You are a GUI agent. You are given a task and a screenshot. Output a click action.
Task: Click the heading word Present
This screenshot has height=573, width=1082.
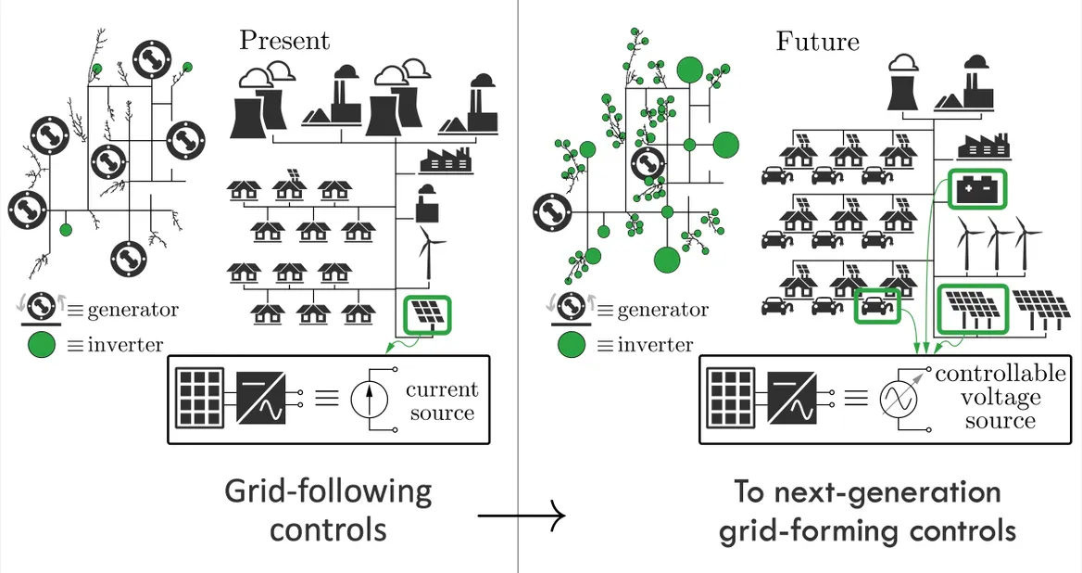click(283, 41)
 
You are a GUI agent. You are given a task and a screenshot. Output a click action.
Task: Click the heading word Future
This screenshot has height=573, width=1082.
click(817, 42)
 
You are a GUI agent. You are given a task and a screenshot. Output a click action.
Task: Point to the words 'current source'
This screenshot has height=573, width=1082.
click(442, 401)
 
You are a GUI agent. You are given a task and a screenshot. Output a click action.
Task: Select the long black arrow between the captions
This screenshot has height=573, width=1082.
click(520, 515)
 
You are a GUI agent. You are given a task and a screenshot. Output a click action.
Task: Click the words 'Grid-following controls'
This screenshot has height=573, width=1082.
click(328, 510)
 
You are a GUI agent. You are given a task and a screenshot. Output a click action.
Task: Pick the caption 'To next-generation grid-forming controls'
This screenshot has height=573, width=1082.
click(868, 511)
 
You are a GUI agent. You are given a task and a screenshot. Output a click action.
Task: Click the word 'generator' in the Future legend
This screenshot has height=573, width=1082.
click(661, 310)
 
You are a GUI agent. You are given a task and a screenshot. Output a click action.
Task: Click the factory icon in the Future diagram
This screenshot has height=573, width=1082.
click(987, 147)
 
